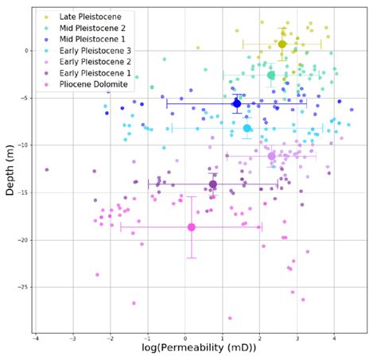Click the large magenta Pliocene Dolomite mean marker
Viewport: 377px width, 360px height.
191,227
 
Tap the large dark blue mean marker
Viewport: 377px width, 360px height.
236,103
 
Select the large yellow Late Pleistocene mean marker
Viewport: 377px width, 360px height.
282,45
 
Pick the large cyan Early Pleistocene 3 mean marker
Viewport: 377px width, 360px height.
247,128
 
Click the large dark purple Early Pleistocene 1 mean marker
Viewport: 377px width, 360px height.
212,184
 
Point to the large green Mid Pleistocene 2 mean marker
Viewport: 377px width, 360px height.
271,75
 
